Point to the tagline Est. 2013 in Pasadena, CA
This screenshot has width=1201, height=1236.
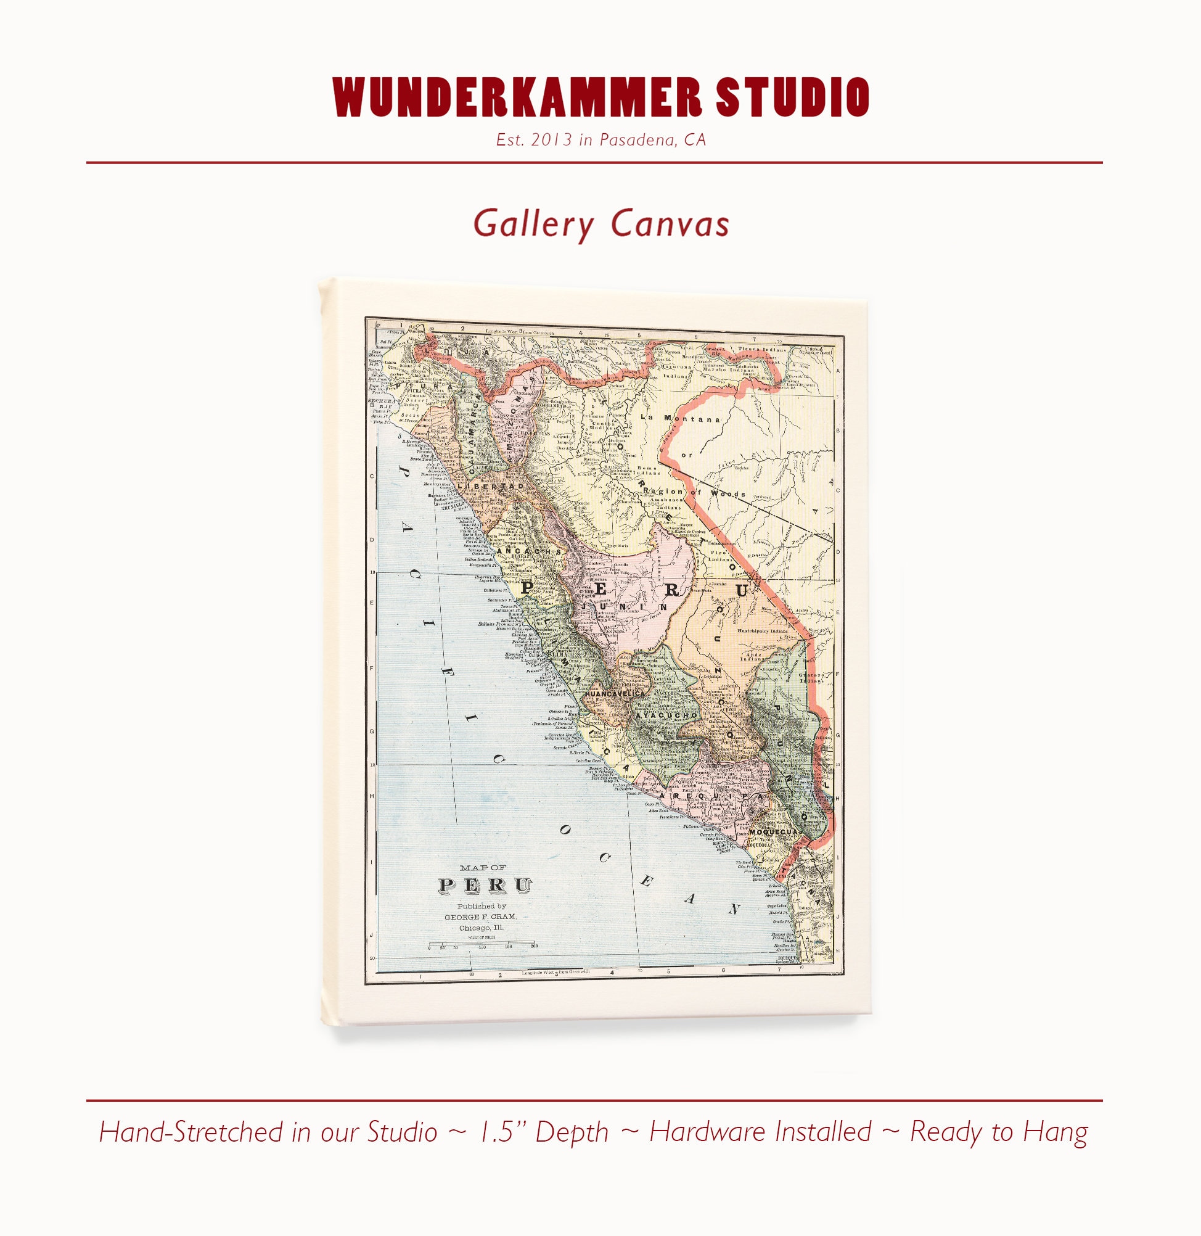pos(600,140)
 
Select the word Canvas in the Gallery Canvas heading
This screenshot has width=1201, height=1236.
pos(670,224)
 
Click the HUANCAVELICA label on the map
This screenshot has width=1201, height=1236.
pos(615,694)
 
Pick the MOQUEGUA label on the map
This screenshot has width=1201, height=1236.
pos(775,832)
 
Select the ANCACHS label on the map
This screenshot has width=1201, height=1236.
pos(528,551)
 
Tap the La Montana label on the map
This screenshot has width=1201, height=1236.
pos(680,418)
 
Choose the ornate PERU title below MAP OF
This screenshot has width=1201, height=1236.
pos(485,885)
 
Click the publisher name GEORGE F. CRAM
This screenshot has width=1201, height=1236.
pos(480,917)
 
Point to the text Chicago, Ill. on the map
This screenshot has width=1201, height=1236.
pos(481,928)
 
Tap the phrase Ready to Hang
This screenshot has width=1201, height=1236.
pos(999,1132)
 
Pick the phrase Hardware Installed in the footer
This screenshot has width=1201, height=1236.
pos(760,1132)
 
